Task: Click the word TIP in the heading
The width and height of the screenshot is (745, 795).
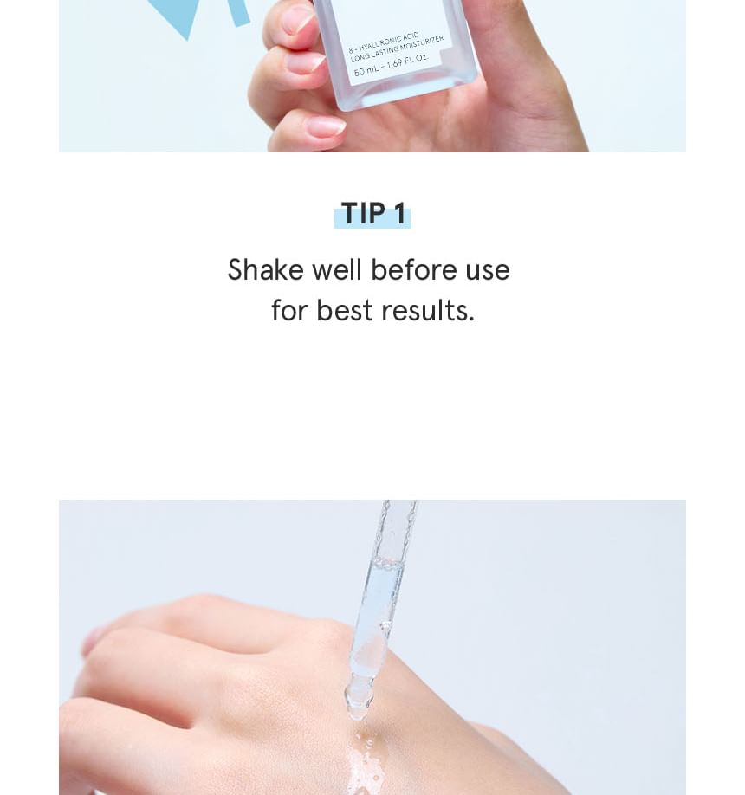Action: [x=363, y=213]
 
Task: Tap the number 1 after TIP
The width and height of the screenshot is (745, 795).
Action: [x=400, y=213]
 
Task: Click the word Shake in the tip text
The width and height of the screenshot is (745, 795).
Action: [x=265, y=269]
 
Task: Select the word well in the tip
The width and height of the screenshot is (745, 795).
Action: [x=337, y=269]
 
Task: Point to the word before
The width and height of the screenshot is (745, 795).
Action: [x=414, y=269]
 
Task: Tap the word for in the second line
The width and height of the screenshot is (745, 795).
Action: [x=289, y=310]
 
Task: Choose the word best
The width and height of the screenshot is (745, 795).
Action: [x=345, y=310]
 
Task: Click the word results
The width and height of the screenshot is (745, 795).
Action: [x=428, y=310]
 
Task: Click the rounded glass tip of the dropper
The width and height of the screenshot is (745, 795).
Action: [x=359, y=701]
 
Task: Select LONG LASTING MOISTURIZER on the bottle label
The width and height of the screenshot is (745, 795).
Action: [x=397, y=49]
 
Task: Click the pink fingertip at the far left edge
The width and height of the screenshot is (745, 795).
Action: [x=89, y=642]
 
